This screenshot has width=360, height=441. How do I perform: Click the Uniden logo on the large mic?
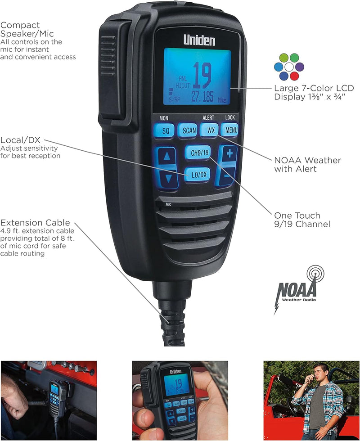(199, 40)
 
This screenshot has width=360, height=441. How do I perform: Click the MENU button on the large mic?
(230, 130)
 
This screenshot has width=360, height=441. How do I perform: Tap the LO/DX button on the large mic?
(196, 174)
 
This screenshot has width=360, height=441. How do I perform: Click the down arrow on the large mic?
(168, 178)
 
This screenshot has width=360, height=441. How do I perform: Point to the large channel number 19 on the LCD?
(202, 76)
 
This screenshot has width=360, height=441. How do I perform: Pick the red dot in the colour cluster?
(294, 76)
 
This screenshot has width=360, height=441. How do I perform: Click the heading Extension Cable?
(35, 223)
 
